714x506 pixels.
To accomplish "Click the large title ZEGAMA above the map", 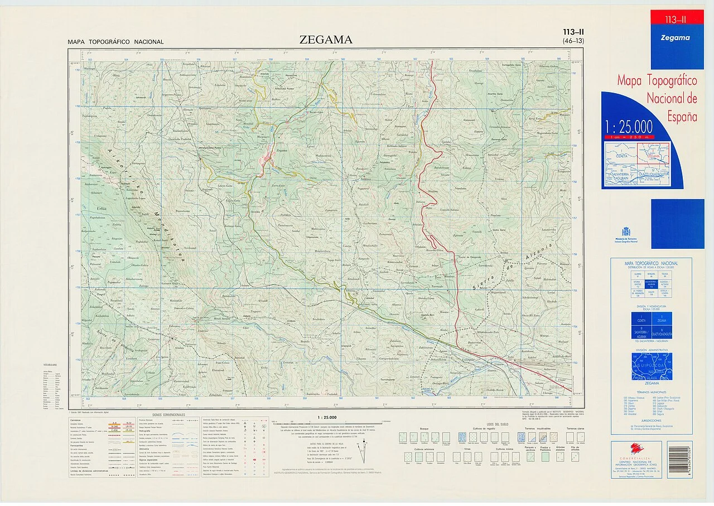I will point(326,40).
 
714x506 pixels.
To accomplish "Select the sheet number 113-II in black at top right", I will point(573,32).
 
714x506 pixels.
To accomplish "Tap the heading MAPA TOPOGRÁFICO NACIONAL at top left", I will point(115,42).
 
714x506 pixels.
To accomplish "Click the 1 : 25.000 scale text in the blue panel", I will point(627,126).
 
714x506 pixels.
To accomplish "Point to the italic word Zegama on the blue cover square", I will point(675,38).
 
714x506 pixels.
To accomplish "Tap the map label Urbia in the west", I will point(102,209).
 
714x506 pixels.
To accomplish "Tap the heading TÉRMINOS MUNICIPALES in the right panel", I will point(652,392).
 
